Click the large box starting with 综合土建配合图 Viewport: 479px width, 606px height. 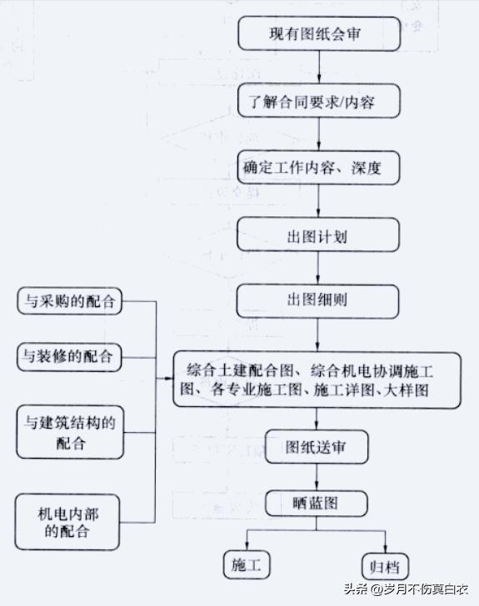click(x=317, y=379)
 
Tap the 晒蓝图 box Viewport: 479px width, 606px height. click(x=317, y=504)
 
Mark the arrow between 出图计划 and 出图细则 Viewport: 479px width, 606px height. click(x=317, y=268)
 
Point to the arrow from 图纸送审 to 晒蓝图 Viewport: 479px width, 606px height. click(x=317, y=477)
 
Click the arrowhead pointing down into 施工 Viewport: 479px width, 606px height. click(x=247, y=545)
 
